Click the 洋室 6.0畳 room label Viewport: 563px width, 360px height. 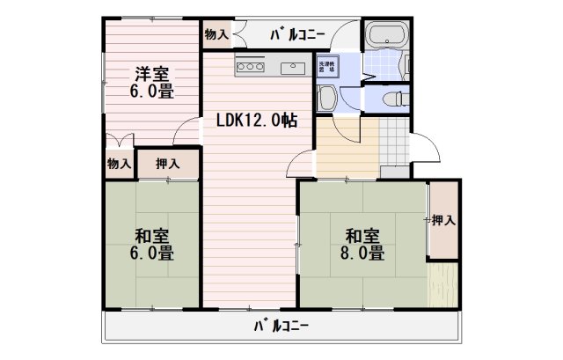152,82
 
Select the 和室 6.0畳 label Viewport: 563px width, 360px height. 152,244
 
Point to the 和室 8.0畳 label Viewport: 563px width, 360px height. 362,244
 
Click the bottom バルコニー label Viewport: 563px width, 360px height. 281,326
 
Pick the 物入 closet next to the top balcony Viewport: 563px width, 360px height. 216,34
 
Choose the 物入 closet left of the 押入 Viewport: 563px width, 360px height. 119,164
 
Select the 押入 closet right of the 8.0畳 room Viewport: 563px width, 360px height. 443,219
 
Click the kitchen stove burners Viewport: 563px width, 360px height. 250,67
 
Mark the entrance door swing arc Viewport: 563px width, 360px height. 428,148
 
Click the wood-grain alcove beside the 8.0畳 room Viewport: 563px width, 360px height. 442,283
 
